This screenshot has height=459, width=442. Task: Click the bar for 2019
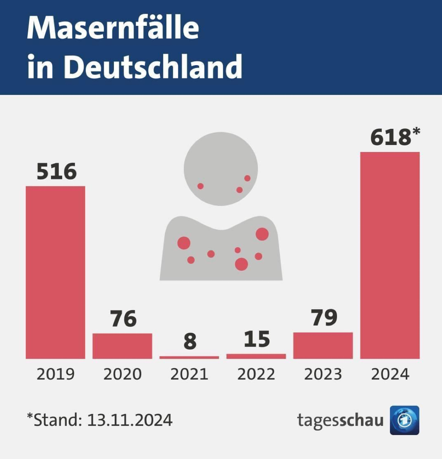[x=56, y=272]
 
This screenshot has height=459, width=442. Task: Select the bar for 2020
[x=122, y=346]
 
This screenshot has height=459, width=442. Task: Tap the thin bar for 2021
[x=189, y=358]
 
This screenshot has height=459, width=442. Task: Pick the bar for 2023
[x=323, y=346]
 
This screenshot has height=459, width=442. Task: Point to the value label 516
[x=57, y=172]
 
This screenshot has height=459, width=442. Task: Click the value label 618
[x=390, y=137]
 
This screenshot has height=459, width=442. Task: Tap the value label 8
[x=190, y=342]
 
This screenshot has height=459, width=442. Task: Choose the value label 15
[x=257, y=339]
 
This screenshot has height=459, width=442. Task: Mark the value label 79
[x=324, y=317]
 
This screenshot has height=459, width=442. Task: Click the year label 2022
[x=256, y=374]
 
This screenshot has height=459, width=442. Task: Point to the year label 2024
[x=390, y=374]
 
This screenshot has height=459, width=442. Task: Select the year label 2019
[x=56, y=374]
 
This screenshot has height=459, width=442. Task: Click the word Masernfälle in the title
[x=113, y=28]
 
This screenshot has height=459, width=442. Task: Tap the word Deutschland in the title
[x=153, y=67]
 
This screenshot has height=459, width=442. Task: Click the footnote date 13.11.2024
[x=130, y=420]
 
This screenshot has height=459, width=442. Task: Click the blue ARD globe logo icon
[x=404, y=420]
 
